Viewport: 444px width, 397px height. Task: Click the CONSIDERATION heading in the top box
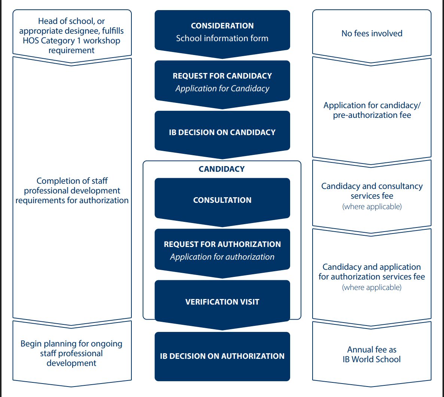point(222,26)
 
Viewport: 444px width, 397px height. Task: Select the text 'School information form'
point(222,38)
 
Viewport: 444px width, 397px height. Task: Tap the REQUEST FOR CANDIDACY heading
point(222,76)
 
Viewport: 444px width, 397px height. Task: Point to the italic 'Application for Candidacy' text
point(222,89)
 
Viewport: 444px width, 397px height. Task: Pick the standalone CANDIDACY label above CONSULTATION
point(222,169)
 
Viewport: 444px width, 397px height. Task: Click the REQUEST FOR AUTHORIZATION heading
point(222,244)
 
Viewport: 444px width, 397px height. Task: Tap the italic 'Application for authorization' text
point(222,257)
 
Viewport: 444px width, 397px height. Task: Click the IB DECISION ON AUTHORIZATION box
point(222,356)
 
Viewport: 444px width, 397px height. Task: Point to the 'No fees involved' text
point(372,33)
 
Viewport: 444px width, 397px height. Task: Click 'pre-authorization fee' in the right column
point(372,115)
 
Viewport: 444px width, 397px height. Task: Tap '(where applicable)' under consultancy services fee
point(372,207)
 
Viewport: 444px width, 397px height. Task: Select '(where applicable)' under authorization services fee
point(372,287)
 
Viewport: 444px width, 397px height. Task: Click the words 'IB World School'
point(372,359)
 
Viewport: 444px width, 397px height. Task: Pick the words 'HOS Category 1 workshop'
point(72,40)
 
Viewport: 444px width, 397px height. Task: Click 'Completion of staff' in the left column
point(72,181)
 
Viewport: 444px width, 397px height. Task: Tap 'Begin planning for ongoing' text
point(72,344)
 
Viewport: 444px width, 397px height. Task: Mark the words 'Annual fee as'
point(372,350)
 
